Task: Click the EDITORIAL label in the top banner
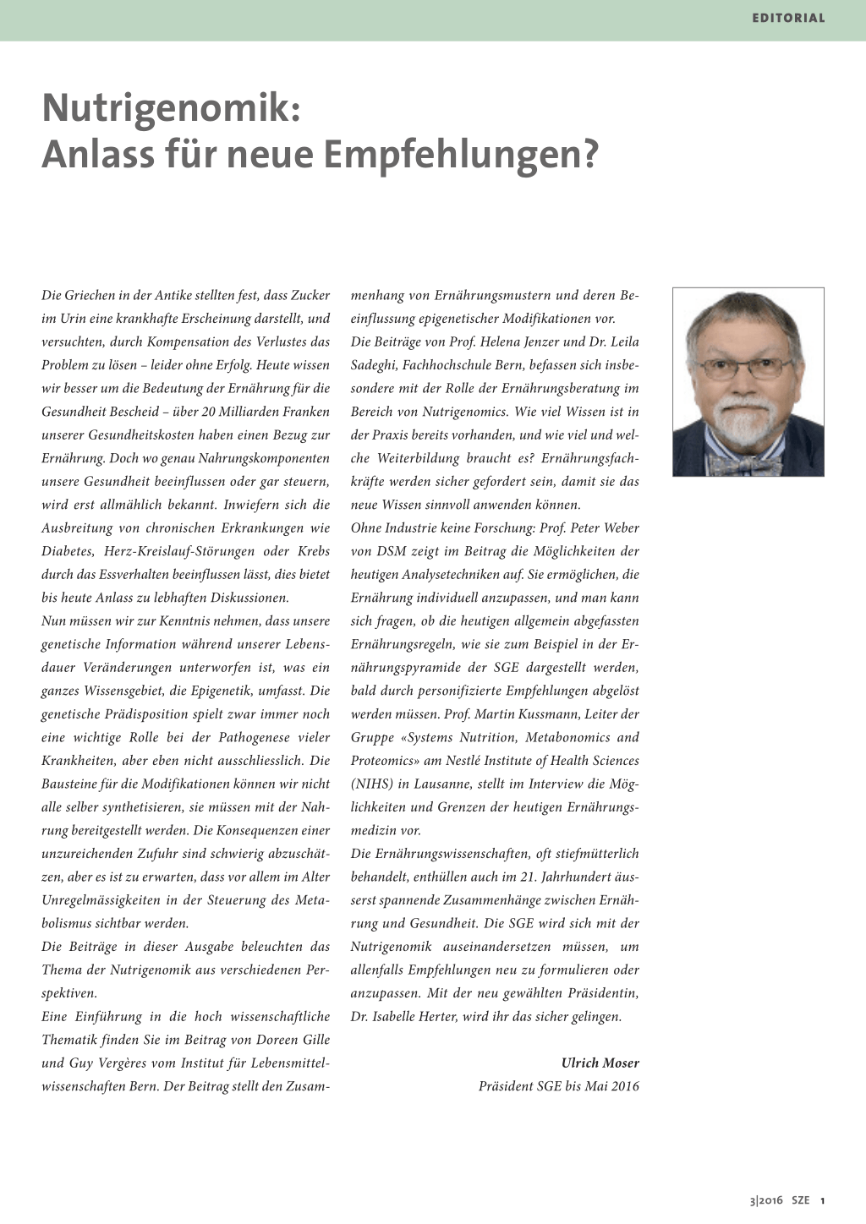tap(788, 18)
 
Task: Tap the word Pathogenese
tap(255, 737)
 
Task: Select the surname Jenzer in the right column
tap(538, 342)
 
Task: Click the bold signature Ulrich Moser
tap(600, 1063)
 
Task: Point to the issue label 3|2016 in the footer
tap(767, 1200)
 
